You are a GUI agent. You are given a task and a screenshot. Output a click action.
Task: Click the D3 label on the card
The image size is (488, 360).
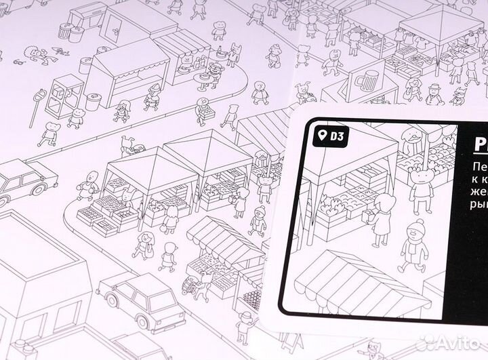tap(337, 136)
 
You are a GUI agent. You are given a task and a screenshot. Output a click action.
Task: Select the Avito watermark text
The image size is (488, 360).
tap(455, 344)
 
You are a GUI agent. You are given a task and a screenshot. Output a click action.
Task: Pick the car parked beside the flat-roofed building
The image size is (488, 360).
tap(141, 297)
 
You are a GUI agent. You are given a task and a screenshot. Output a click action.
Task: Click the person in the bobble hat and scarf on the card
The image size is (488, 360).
tap(415, 247)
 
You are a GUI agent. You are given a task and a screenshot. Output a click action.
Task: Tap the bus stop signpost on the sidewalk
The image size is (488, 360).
tap(38, 102)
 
